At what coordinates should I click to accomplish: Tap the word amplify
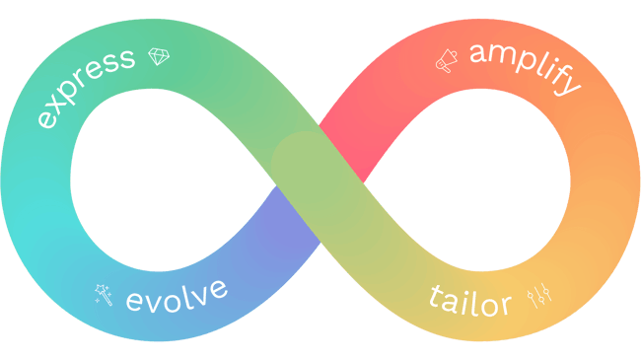pyautogui.click(x=524, y=68)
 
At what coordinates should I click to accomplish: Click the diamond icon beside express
pyautogui.click(x=158, y=57)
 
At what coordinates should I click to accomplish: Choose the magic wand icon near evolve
pyautogui.click(x=103, y=292)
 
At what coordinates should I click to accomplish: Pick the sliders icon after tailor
pyautogui.click(x=537, y=293)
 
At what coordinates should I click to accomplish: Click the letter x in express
pyautogui.click(x=60, y=105)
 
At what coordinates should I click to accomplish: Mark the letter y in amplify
pyautogui.click(x=569, y=85)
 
